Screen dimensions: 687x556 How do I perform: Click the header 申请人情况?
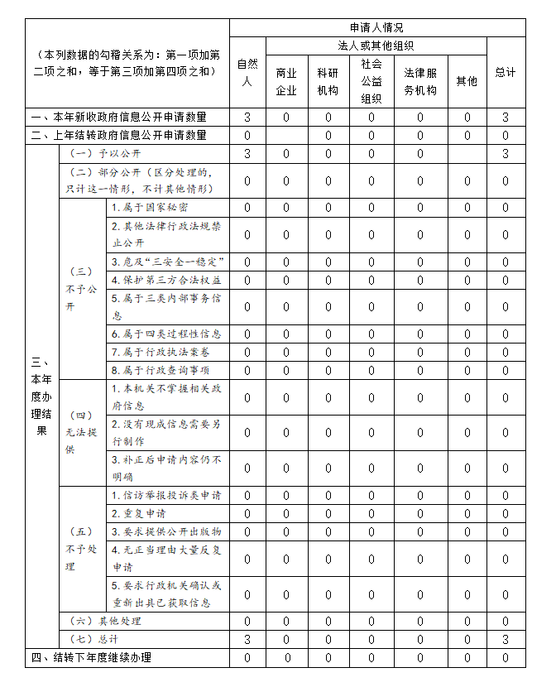376,27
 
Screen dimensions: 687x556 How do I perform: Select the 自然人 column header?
247,72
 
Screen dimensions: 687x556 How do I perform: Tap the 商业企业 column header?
286,81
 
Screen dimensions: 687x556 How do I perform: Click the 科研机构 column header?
328,81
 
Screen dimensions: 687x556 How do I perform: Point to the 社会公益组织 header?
371,81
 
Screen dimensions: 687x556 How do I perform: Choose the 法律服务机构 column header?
419,81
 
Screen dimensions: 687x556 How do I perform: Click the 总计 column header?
506,72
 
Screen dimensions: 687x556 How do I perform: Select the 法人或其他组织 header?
376,46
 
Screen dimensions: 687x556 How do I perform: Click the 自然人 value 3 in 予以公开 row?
247,154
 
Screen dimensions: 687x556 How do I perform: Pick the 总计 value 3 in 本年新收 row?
506,118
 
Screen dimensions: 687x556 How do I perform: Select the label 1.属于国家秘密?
150,208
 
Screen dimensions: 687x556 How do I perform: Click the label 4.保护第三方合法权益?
166,280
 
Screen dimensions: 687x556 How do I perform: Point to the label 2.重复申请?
138,513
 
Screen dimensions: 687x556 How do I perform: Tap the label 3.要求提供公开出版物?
166,531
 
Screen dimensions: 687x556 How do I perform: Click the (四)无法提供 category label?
81,432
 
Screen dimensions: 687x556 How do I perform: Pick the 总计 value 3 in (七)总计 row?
506,639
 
